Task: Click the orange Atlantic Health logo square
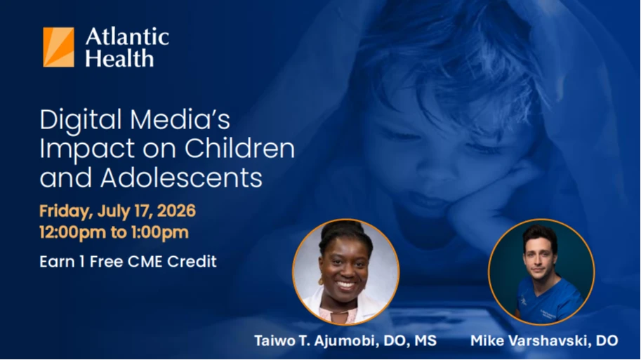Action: [58, 48]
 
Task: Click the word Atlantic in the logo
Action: [127, 36]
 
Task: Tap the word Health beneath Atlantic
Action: [119, 58]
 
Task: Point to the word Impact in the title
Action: [87, 149]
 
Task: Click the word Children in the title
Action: [239, 148]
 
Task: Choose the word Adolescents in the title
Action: [181, 178]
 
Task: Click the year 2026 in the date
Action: [176, 211]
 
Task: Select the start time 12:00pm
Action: [73, 232]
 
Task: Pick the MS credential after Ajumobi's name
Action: [425, 340]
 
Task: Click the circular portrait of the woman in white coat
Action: [346, 272]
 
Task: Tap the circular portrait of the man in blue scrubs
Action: [541, 272]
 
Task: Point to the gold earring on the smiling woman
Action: [321, 281]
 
